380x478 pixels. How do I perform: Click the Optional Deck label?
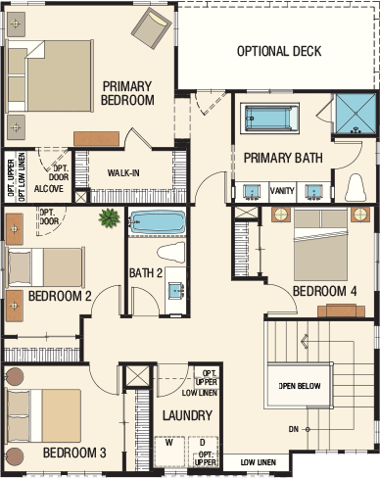tap(279, 51)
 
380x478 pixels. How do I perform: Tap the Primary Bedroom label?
tap(127, 93)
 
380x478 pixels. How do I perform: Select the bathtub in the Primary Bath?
tap(269, 119)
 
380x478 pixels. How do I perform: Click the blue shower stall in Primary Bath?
tap(356, 114)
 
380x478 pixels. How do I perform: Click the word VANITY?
tap(282, 190)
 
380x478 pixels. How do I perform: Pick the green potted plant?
tap(109, 217)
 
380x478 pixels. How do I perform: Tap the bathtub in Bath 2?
tap(158, 222)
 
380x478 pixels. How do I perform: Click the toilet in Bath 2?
tap(170, 253)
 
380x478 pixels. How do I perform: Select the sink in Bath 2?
tap(176, 290)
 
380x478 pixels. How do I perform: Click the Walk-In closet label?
tap(123, 172)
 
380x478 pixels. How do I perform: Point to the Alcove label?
tap(49, 188)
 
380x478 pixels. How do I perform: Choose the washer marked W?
tap(169, 453)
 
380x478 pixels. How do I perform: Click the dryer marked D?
tap(203, 453)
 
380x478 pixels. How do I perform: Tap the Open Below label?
tap(300, 386)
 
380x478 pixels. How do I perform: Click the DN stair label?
tap(294, 429)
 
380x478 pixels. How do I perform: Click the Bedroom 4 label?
tap(324, 291)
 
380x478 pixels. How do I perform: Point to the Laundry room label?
tap(187, 415)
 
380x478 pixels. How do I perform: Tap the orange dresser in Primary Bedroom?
tap(96, 139)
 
